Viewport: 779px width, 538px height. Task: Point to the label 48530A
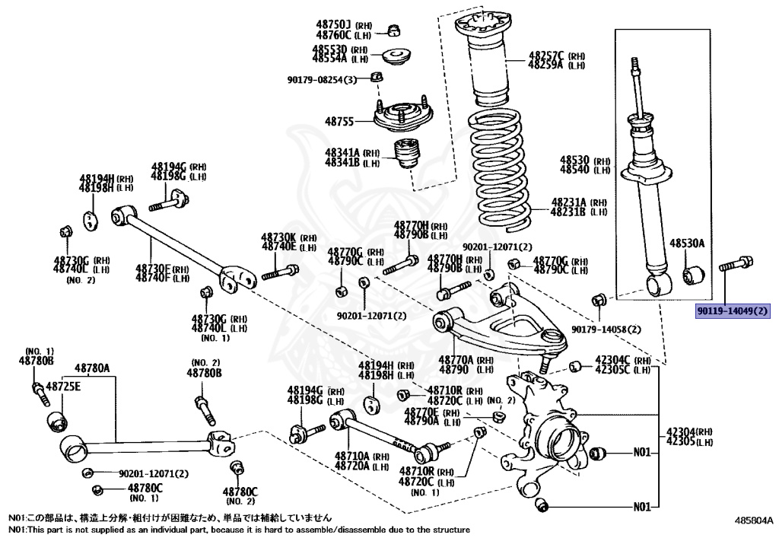coord(687,244)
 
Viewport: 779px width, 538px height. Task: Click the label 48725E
coord(62,387)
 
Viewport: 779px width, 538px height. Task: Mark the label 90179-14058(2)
coord(606,329)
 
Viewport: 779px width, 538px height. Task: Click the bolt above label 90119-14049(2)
coord(736,265)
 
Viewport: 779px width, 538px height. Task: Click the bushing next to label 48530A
coord(693,275)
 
